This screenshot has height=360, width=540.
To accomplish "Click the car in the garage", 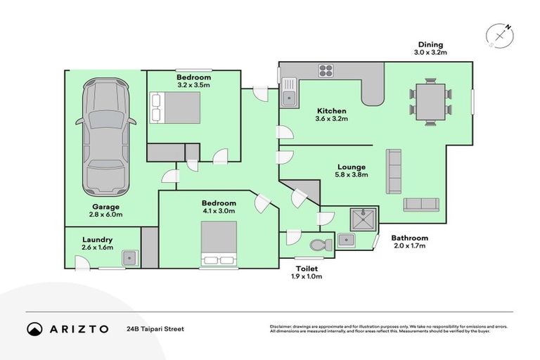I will (106, 138).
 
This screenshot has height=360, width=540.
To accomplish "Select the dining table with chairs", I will (430, 103).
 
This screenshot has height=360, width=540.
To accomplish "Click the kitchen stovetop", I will (326, 70).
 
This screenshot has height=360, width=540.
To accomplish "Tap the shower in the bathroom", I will (363, 219).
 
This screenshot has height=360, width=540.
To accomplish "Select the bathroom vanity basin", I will (347, 240).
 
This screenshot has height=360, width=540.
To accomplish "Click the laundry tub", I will (129, 258).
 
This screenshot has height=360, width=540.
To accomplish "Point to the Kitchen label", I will (331, 111).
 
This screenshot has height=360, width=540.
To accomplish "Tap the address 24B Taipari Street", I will (155, 328).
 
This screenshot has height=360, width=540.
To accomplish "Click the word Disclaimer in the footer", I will (282, 326).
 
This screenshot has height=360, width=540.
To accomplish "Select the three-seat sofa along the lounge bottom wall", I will (420, 205).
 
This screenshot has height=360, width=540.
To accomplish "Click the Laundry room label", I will (97, 239).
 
